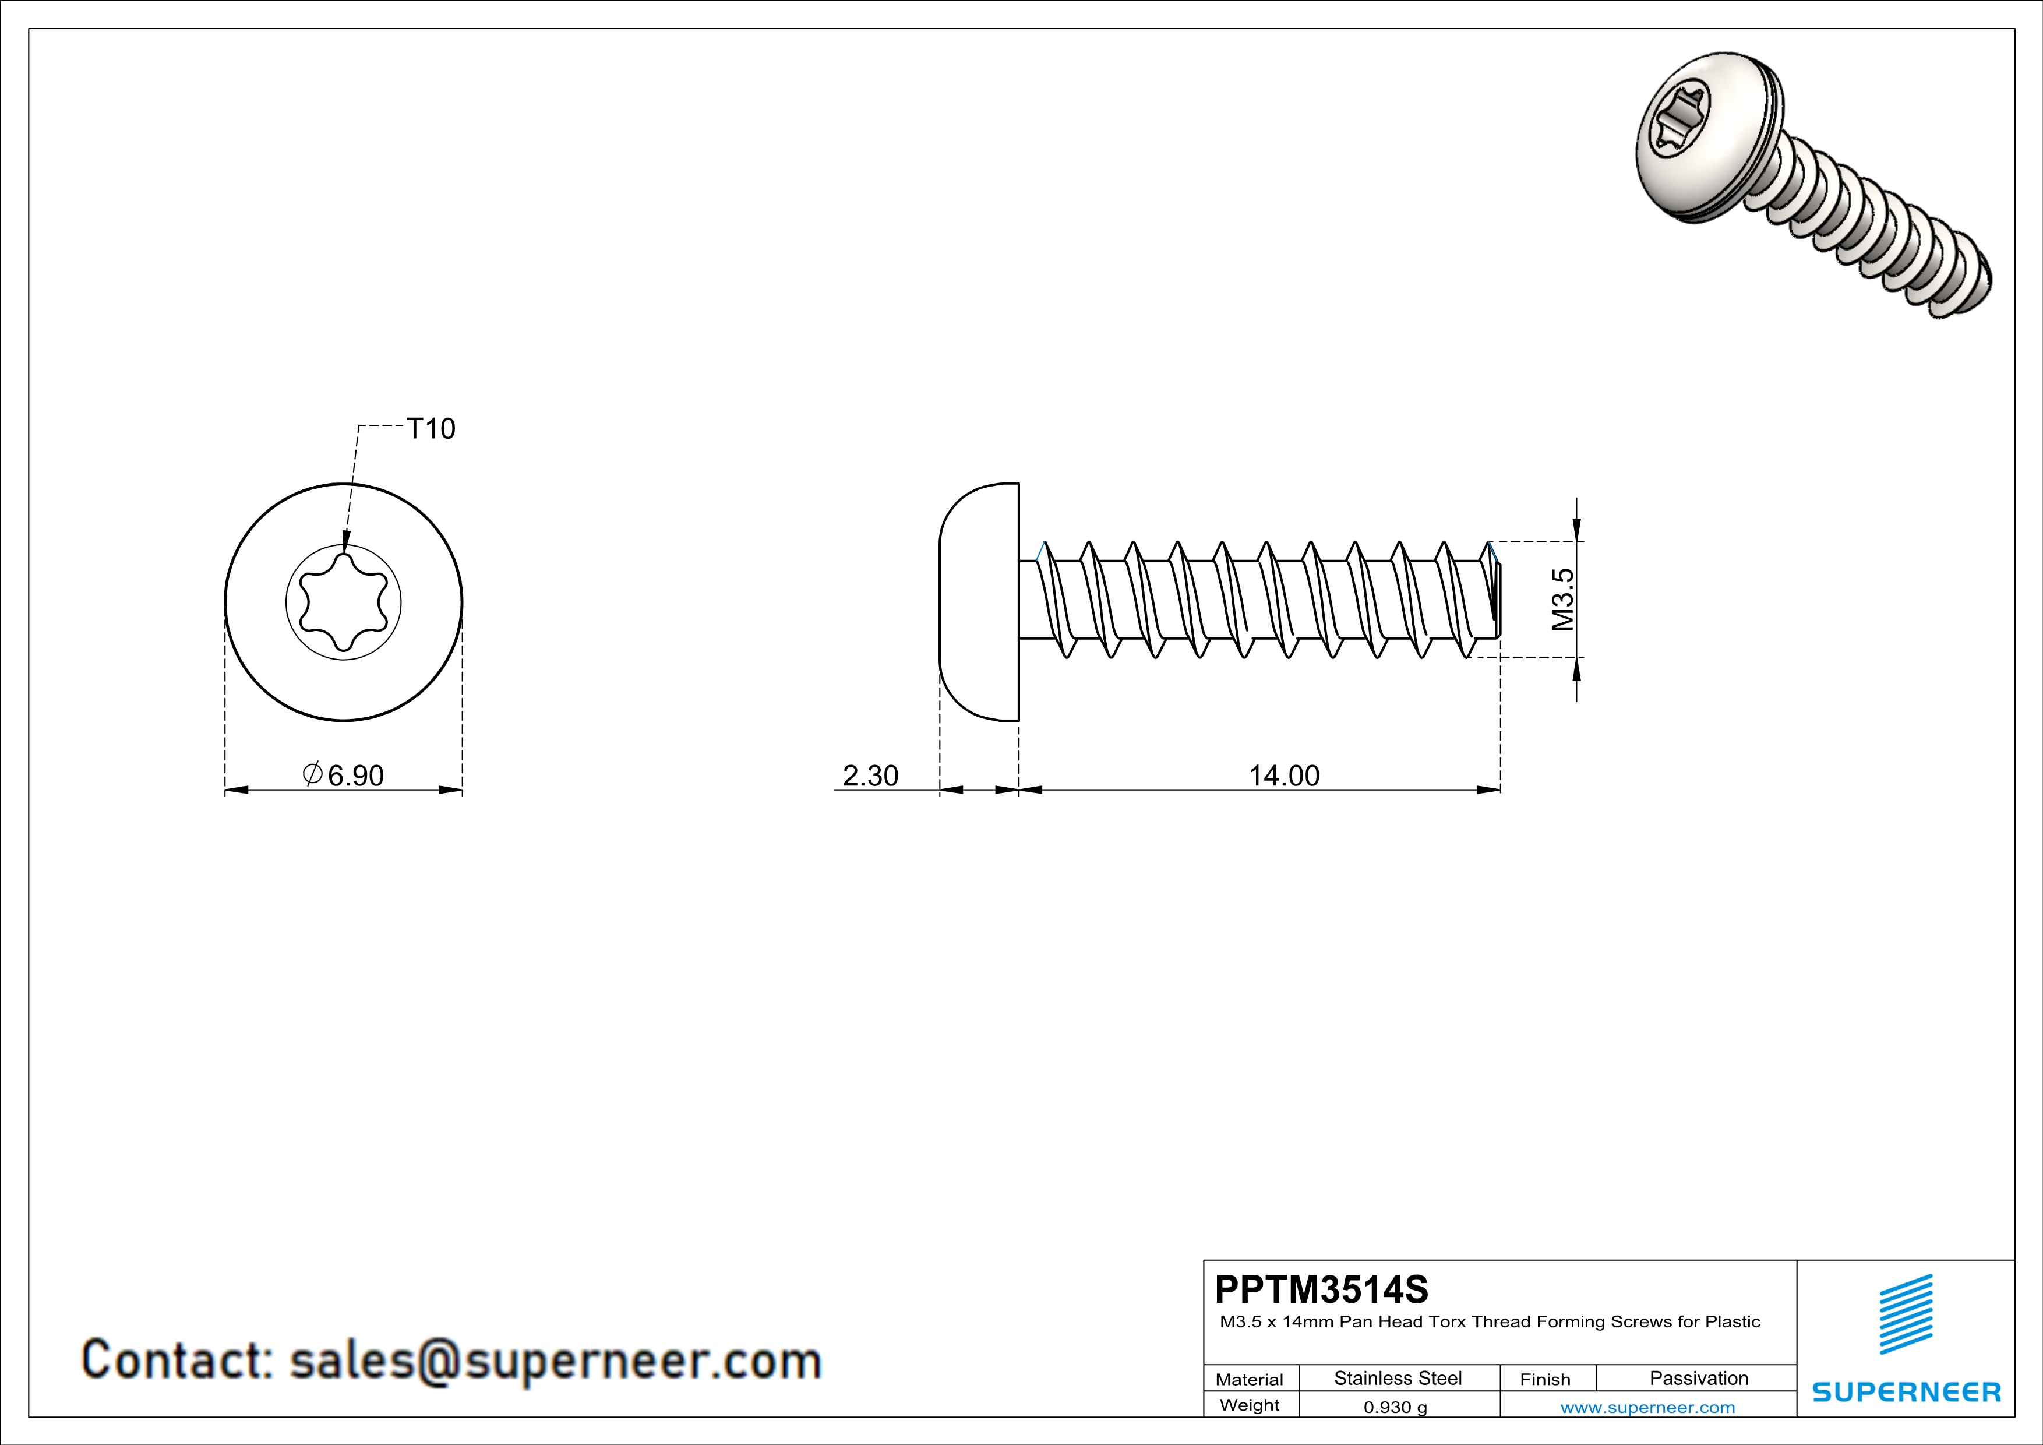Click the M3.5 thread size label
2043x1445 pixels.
coord(1562,599)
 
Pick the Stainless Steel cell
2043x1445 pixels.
coord(1398,1378)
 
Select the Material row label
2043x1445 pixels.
coord(1250,1379)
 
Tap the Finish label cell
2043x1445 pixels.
coord(1545,1379)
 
